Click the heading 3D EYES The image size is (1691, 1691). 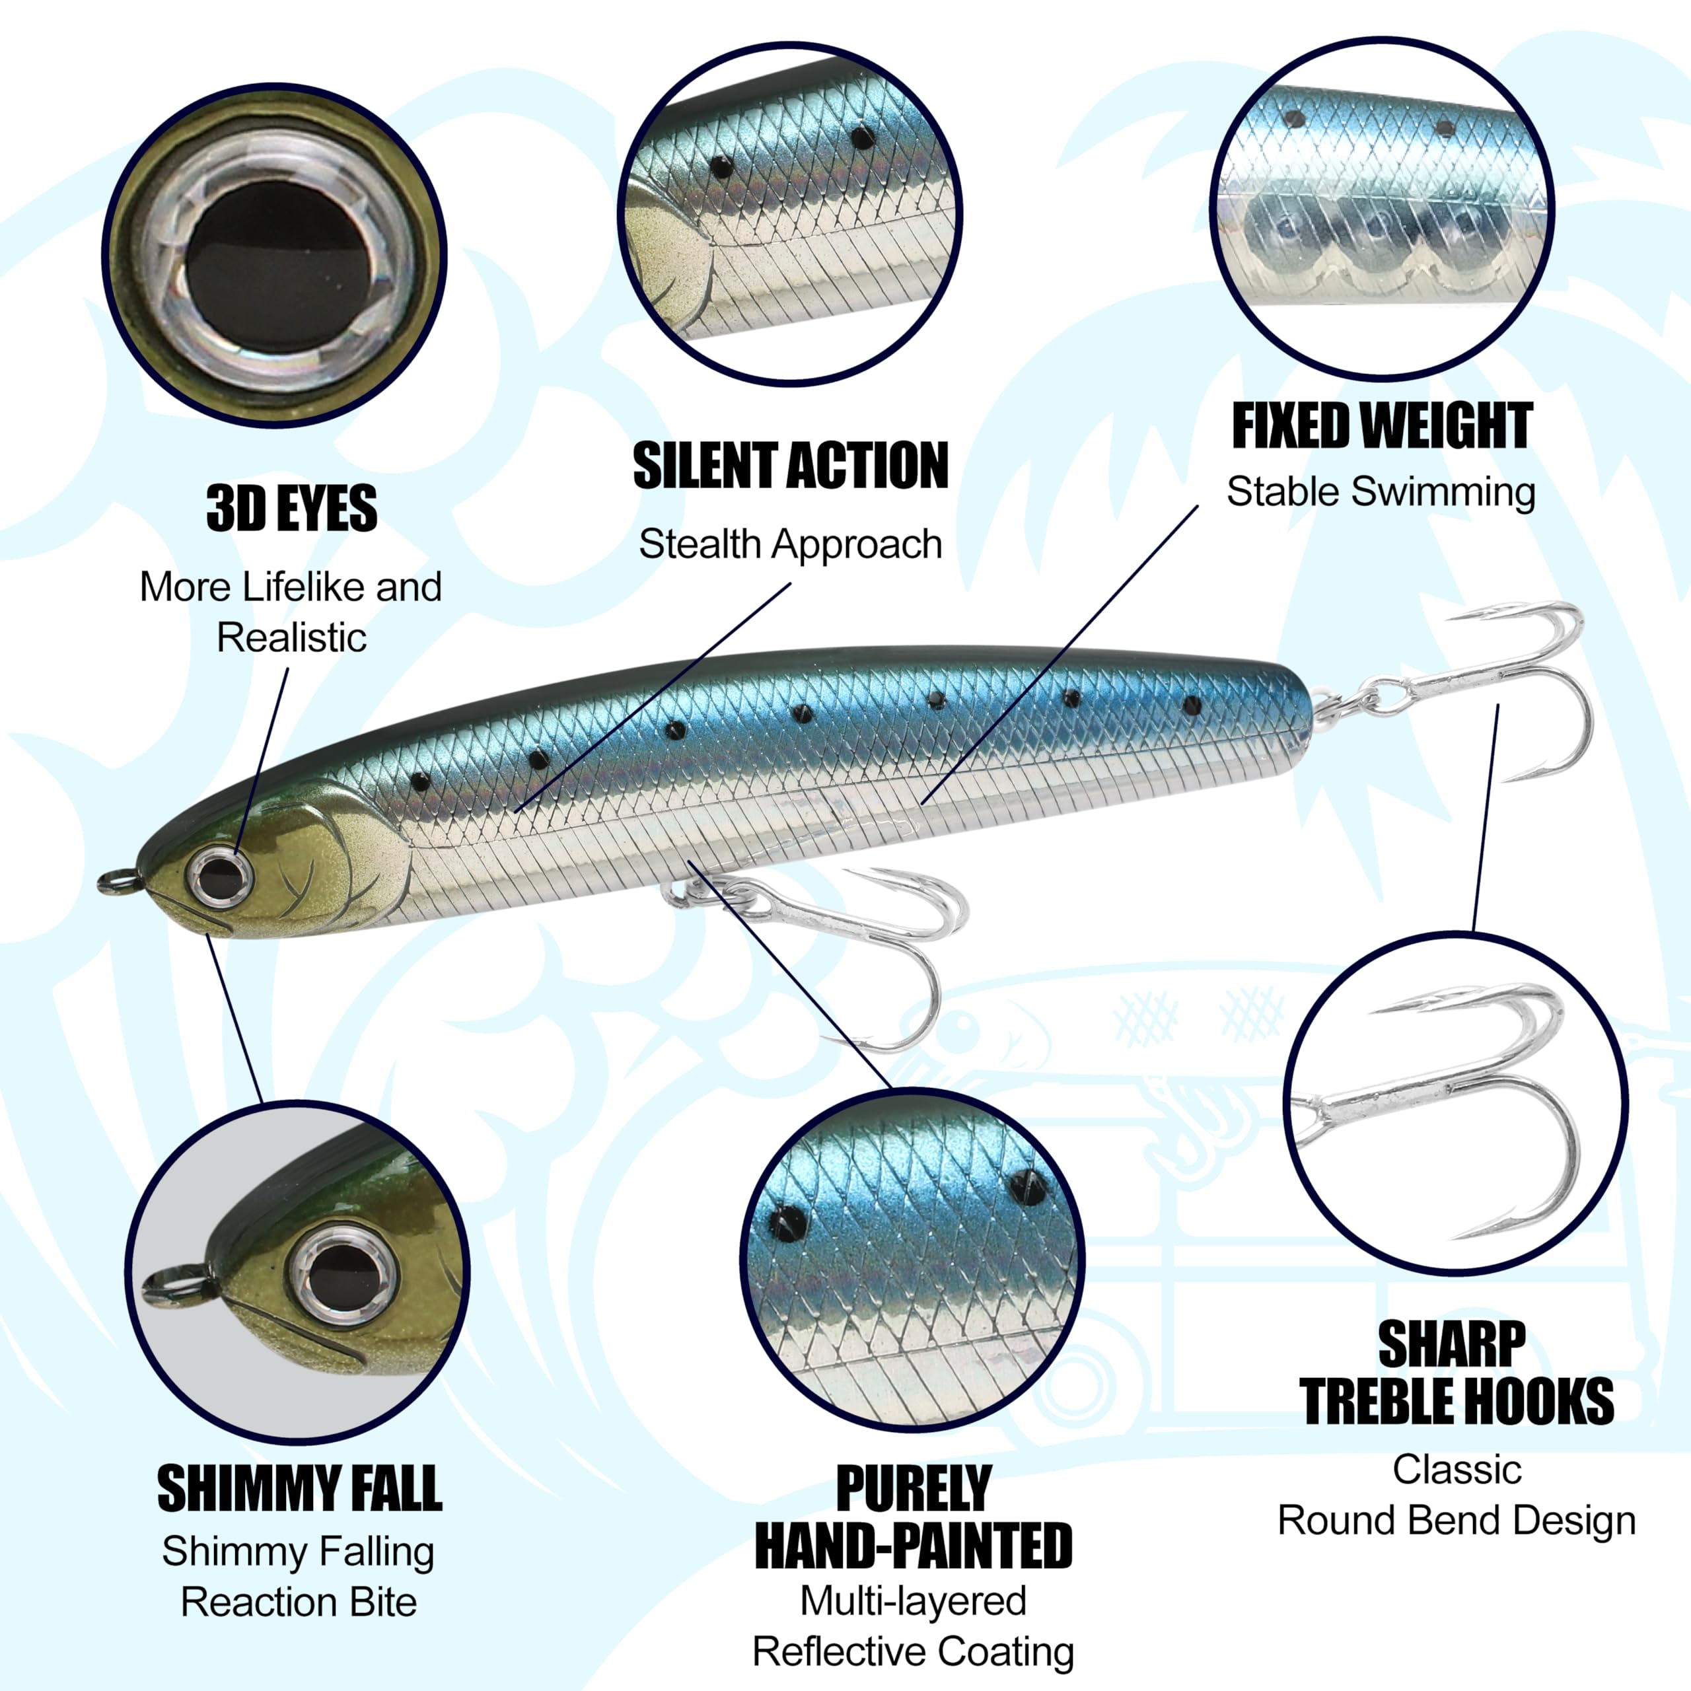point(291,508)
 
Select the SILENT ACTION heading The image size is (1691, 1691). point(791,466)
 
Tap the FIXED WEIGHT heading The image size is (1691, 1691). point(1382,426)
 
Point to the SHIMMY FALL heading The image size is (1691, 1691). point(299,1488)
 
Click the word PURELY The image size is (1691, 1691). point(913,1488)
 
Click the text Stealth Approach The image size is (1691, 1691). point(791,544)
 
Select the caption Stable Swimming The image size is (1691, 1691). point(1381,492)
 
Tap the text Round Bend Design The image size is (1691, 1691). point(1457,1521)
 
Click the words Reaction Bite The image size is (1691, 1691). point(299,1602)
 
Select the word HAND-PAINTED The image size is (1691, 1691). point(913,1546)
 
